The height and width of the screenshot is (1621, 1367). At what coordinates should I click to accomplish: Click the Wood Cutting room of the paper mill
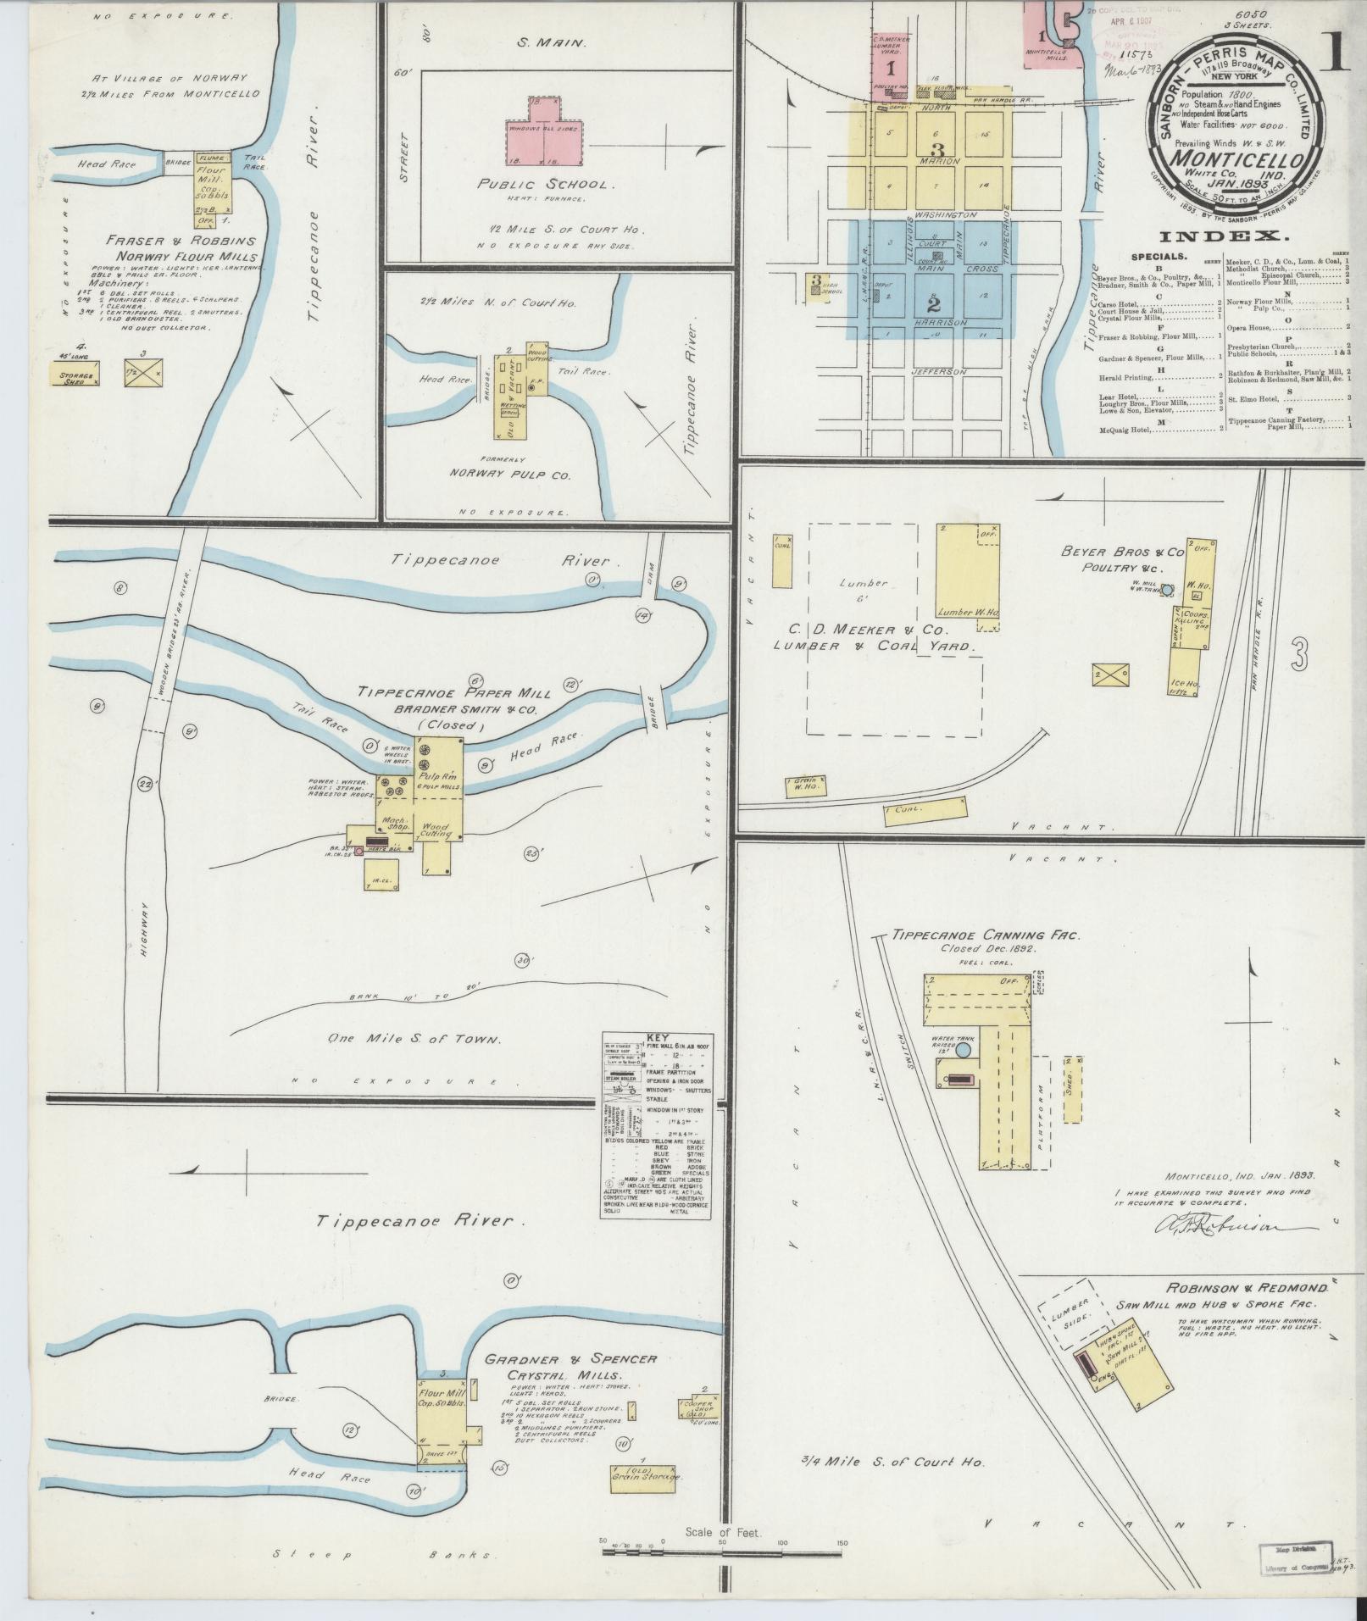[x=437, y=830]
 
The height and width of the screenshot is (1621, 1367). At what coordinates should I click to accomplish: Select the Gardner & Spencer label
[x=570, y=1358]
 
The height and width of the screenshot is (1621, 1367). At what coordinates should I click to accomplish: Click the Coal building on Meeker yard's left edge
[x=781, y=560]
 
